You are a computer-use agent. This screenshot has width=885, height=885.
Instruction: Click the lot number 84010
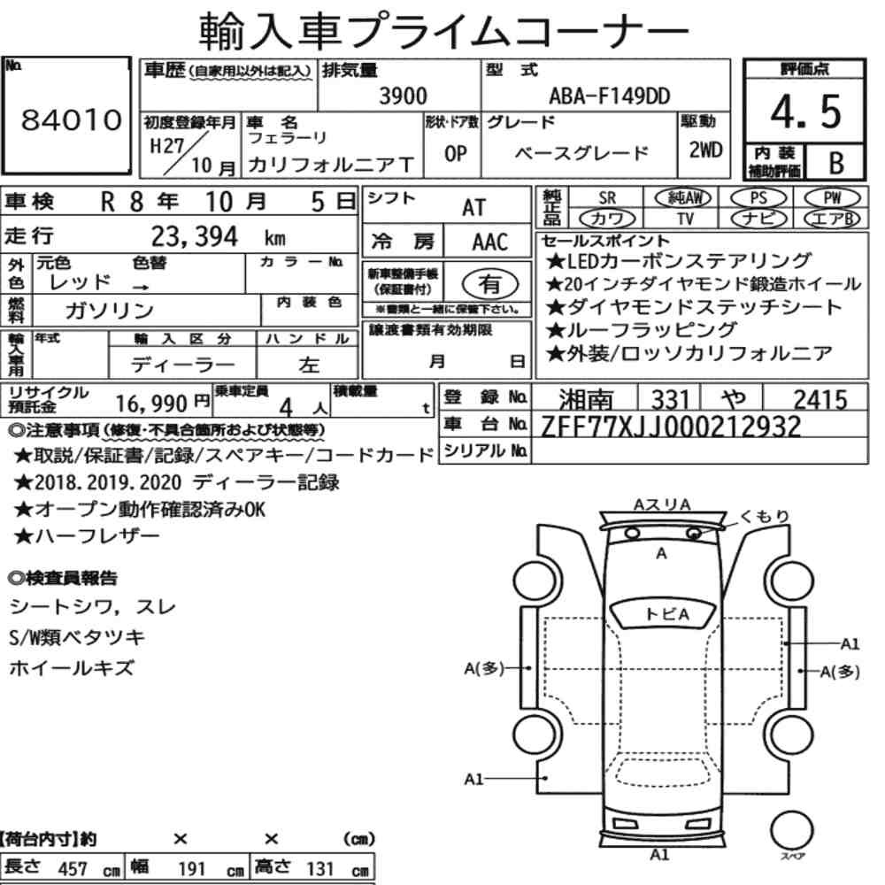coord(71,119)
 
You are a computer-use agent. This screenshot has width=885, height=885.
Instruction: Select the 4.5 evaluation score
coord(805,112)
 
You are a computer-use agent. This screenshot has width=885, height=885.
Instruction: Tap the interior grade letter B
coord(836,163)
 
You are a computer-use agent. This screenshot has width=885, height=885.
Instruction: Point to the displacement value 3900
coord(403,96)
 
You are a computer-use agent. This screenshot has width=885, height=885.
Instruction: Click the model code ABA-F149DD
coord(610,96)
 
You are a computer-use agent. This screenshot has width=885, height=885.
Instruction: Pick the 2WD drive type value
coord(705,150)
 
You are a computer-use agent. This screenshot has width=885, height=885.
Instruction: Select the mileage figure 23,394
coord(194,236)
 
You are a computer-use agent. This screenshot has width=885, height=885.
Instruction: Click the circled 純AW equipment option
coord(682,198)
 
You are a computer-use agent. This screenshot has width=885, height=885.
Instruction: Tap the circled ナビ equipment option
coord(758,219)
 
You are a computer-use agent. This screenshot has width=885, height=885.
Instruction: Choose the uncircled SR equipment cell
coord(607,198)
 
